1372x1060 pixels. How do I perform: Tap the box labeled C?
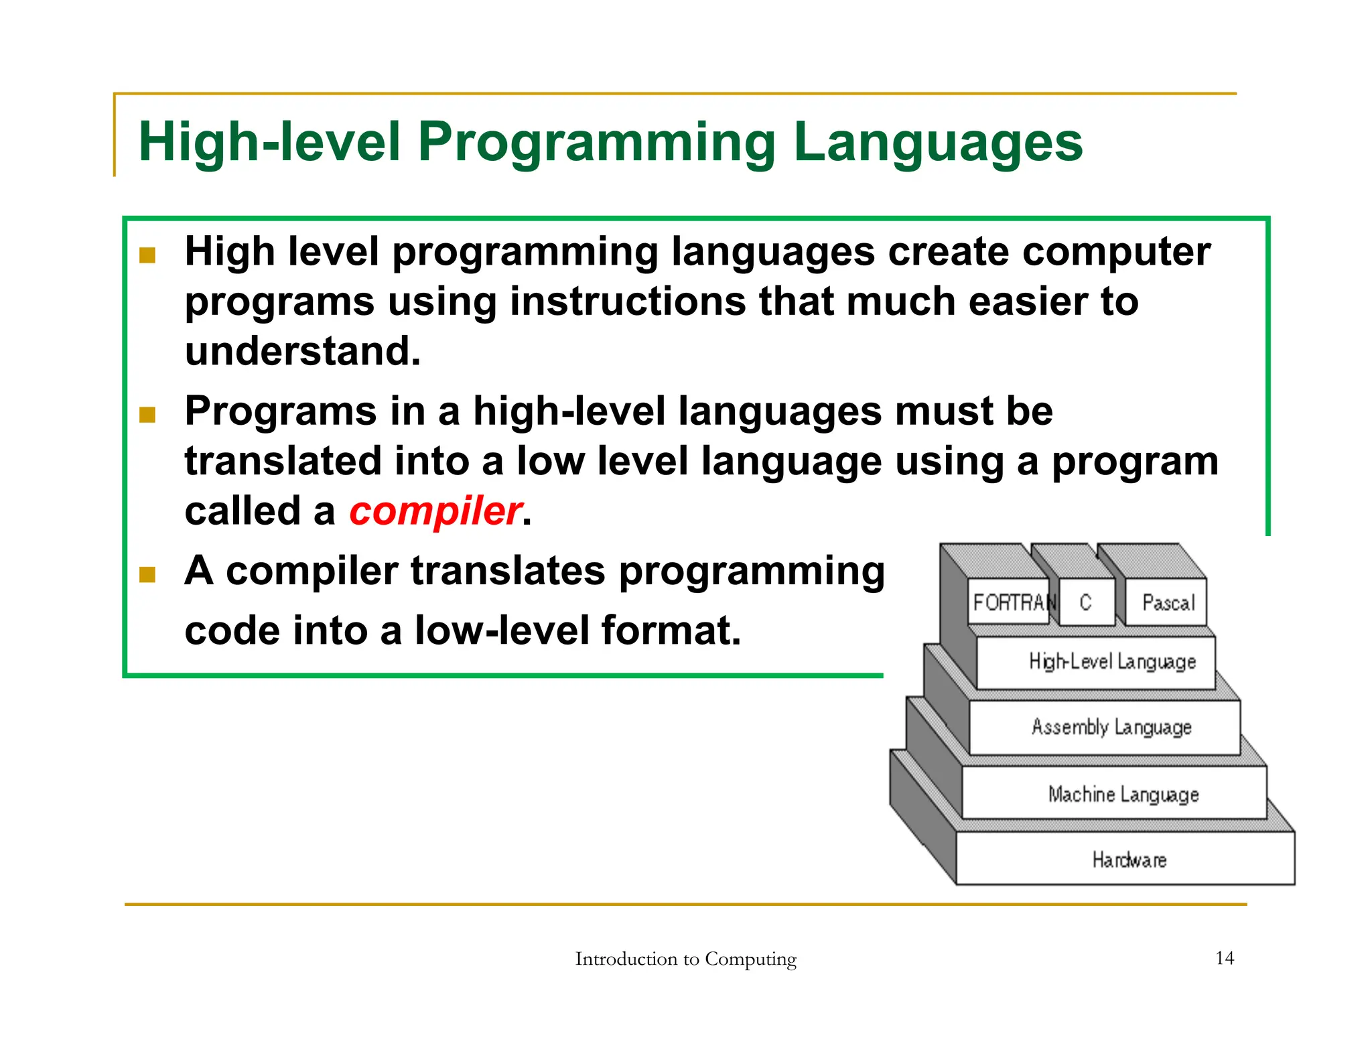click(1086, 602)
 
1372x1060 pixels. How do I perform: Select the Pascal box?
click(1168, 603)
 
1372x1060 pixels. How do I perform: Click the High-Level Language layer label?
click(1112, 662)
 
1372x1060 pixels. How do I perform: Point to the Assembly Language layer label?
click(1111, 727)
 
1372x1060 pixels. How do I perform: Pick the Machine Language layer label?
click(1123, 795)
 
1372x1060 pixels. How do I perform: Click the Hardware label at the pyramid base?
click(1129, 860)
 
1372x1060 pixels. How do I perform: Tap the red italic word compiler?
click(435, 511)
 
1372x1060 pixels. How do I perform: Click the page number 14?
click(1224, 958)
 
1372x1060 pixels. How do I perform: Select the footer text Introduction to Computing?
click(685, 959)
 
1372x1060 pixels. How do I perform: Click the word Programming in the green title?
click(596, 142)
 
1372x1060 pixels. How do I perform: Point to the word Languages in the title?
click(937, 142)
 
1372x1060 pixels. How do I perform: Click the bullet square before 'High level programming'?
click(147, 255)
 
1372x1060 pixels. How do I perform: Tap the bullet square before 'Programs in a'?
click(147, 415)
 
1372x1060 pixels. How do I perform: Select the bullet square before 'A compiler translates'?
click(147, 574)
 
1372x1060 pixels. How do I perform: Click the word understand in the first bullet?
click(303, 351)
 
